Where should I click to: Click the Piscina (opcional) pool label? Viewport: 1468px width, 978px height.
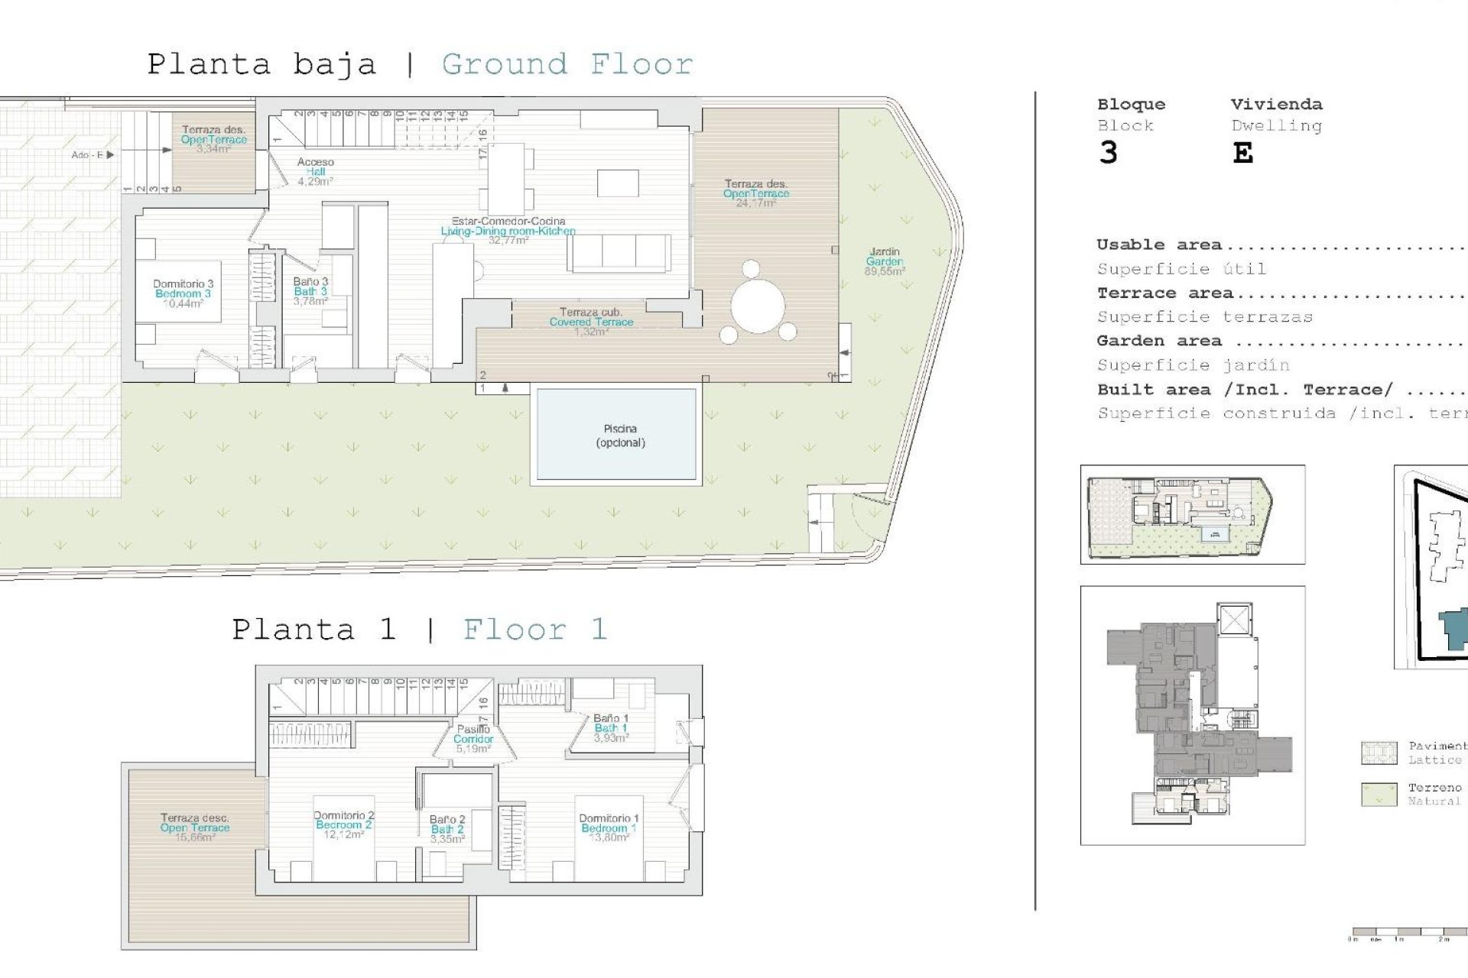(620, 436)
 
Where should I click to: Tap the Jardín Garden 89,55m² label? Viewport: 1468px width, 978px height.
(885, 261)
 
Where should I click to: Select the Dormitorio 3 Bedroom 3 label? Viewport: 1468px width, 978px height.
(183, 293)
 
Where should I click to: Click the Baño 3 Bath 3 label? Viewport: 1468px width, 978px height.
(310, 291)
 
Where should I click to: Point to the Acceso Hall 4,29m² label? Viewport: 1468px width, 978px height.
(315, 172)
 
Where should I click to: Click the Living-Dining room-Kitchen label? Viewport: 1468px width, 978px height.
(508, 231)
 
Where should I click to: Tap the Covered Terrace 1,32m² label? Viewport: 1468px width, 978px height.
(591, 322)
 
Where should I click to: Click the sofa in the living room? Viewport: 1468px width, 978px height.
(619, 253)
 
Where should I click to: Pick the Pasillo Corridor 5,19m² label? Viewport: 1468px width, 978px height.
(473, 739)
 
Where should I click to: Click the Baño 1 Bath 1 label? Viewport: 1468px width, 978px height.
(611, 728)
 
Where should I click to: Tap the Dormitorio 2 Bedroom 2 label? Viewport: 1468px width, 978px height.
(344, 825)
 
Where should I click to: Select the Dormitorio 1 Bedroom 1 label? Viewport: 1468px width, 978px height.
(609, 827)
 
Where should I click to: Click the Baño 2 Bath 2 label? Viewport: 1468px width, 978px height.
(447, 829)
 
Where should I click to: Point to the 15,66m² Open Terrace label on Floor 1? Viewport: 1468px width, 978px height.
(195, 827)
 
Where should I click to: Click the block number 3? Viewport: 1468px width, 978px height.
(1108, 154)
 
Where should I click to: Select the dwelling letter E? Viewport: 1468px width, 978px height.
(1242, 154)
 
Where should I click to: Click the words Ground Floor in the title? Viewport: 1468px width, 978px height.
(567, 64)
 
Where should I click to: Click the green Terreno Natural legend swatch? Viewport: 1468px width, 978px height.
(1379, 794)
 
